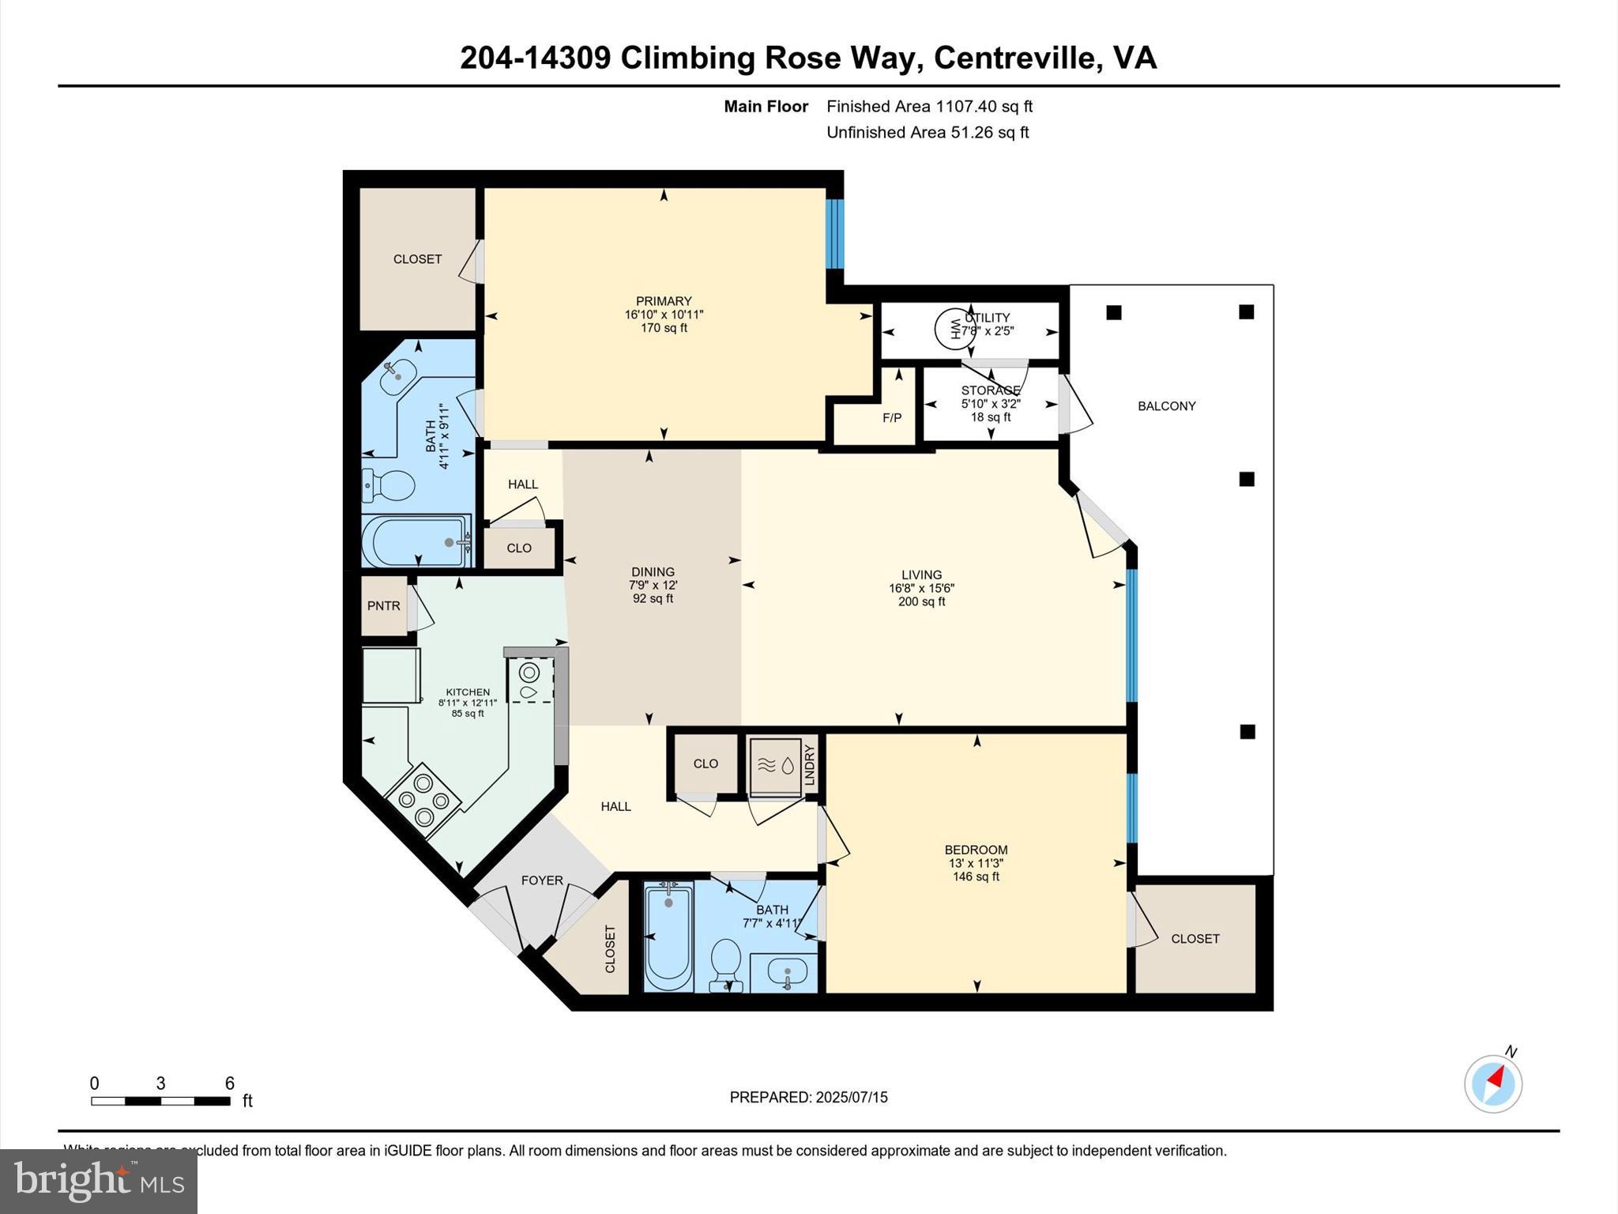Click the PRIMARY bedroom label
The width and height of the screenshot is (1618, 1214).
[x=663, y=301]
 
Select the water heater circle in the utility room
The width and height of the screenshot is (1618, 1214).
[x=954, y=330]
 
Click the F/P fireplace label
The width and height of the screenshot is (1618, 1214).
[x=891, y=417]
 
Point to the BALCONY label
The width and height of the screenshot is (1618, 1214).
[x=1166, y=405]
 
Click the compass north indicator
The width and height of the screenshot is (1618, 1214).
[x=1492, y=1084]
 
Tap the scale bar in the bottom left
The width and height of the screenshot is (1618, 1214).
[x=160, y=1100]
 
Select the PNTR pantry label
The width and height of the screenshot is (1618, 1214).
[x=383, y=605]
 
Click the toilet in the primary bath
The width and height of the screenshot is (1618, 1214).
[x=389, y=484]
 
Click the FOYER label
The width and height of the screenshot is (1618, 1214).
[x=541, y=880]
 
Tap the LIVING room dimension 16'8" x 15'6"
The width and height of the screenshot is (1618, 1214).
[x=921, y=588]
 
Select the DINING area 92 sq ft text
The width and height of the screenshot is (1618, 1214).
[x=653, y=599]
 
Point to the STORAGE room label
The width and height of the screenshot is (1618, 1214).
[x=990, y=390]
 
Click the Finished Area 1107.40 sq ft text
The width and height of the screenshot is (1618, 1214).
[x=929, y=106]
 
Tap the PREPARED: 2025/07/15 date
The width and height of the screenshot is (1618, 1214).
[x=808, y=1097]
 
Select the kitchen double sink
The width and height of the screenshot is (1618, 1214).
[x=529, y=681]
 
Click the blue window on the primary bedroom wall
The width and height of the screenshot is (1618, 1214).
[x=834, y=233]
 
